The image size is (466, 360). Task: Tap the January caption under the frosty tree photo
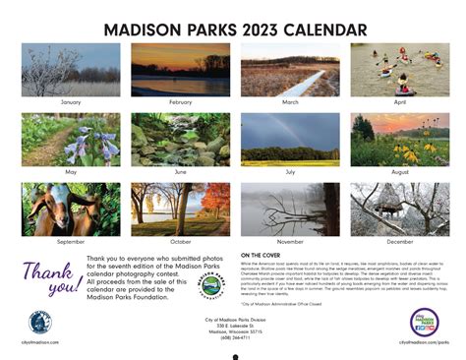coord(71,102)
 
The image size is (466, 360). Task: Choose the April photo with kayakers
coord(399,70)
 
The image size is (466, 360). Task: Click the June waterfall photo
coord(180,140)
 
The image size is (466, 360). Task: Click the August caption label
coord(399,172)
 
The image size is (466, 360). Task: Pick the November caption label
coord(289,242)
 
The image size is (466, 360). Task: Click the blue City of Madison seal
coord(39,323)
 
